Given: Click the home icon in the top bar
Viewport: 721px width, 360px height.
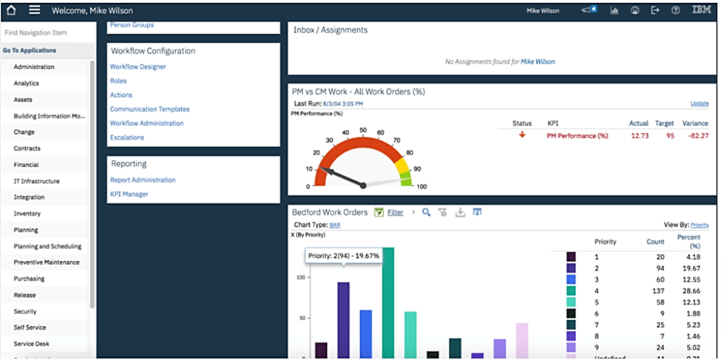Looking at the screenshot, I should (11, 10).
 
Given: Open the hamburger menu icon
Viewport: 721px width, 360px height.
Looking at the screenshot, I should (34, 10).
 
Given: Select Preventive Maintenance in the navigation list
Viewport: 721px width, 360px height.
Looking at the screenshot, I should (46, 262).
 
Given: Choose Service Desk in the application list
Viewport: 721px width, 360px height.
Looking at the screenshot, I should (31, 344).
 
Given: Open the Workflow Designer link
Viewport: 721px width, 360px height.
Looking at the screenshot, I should (138, 67).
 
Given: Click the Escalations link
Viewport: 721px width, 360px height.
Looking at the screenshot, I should (126, 137).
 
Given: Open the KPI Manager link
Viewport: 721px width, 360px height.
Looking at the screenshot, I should (129, 194).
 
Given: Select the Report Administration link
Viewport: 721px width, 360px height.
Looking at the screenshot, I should (143, 180).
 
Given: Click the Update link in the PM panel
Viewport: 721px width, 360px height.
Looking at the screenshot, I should (699, 103).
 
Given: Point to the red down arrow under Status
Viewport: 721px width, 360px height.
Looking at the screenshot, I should (522, 135).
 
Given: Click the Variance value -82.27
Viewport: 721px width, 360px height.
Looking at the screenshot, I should (696, 136).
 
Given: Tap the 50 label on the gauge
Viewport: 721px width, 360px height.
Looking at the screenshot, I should (362, 130).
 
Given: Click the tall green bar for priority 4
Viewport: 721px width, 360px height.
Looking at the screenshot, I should (387, 303).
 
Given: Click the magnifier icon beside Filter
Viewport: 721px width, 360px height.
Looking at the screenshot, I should (427, 213).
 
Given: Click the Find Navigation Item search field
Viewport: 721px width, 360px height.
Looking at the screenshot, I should (44, 33).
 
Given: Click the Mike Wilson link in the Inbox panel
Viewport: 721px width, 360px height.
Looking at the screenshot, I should (538, 61).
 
